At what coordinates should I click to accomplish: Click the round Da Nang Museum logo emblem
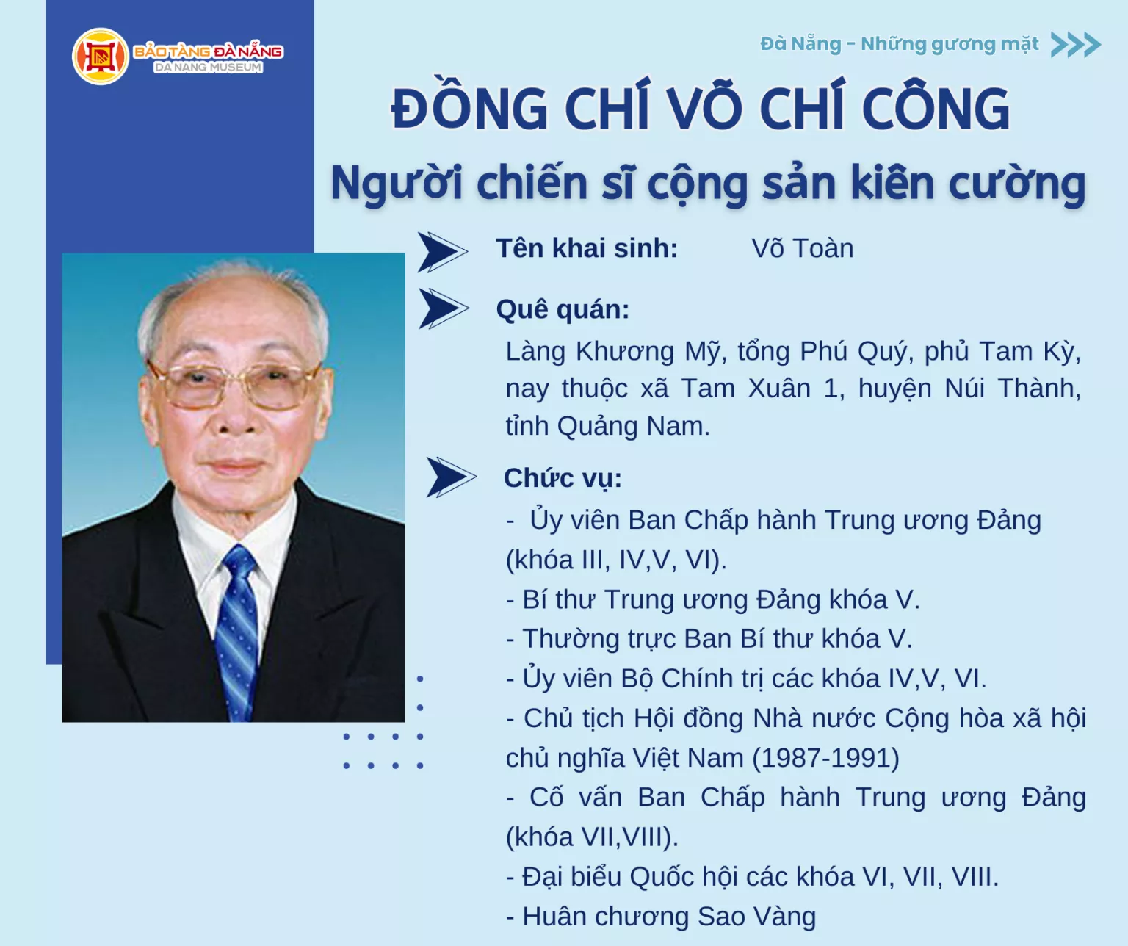click(101, 57)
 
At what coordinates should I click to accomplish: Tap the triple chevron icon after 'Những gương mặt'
click(1075, 45)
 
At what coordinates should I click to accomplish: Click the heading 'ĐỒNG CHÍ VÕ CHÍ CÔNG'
click(700, 109)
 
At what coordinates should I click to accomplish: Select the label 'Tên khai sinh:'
click(587, 248)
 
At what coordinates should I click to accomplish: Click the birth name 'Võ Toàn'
click(802, 248)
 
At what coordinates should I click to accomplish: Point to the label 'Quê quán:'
click(563, 309)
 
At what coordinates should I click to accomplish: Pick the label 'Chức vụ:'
click(563, 478)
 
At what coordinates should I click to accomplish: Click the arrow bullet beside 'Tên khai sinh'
click(442, 252)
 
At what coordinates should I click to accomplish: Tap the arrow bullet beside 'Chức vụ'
click(450, 477)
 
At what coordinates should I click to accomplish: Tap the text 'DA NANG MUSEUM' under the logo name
click(208, 68)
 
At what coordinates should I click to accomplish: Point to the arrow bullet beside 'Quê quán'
click(443, 308)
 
